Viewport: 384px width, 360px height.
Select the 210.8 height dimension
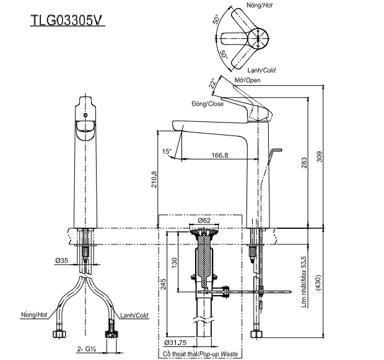coord(154,179)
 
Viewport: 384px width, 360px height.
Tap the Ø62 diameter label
coord(204,221)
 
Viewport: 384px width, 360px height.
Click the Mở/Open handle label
coord(247,80)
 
